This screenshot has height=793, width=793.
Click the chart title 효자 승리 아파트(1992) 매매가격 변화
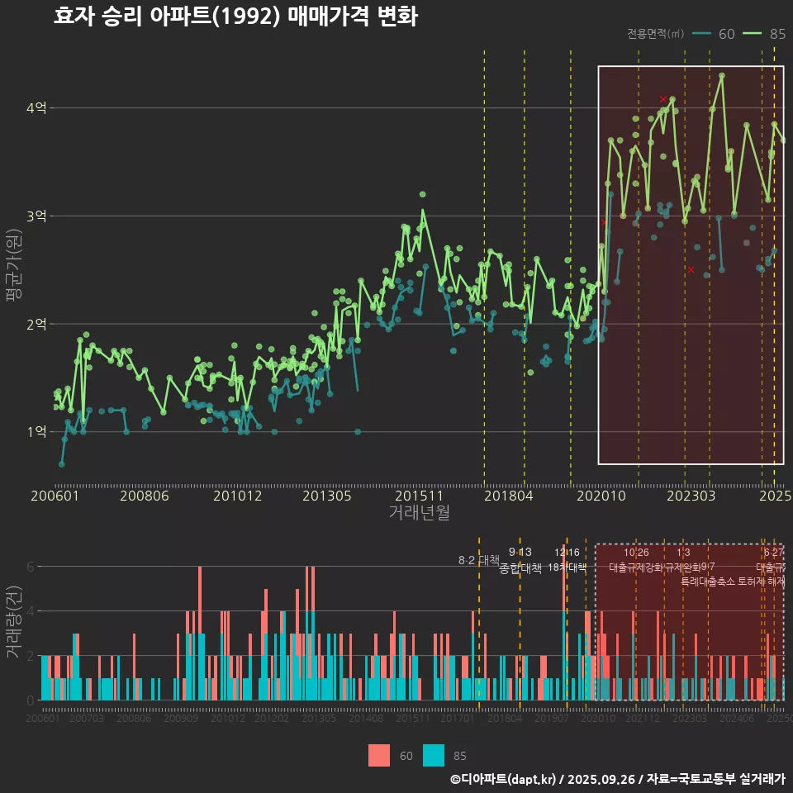click(235, 17)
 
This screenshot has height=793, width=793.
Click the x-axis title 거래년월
click(419, 513)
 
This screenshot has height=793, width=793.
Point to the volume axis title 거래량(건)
click(13, 621)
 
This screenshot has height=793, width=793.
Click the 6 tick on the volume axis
click(31, 567)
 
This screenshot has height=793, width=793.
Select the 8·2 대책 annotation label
click(479, 560)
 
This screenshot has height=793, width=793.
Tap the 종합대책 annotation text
click(520, 568)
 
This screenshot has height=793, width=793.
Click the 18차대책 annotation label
click(567, 567)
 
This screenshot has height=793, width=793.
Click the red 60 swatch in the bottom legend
click(378, 755)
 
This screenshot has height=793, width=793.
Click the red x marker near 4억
click(663, 99)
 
